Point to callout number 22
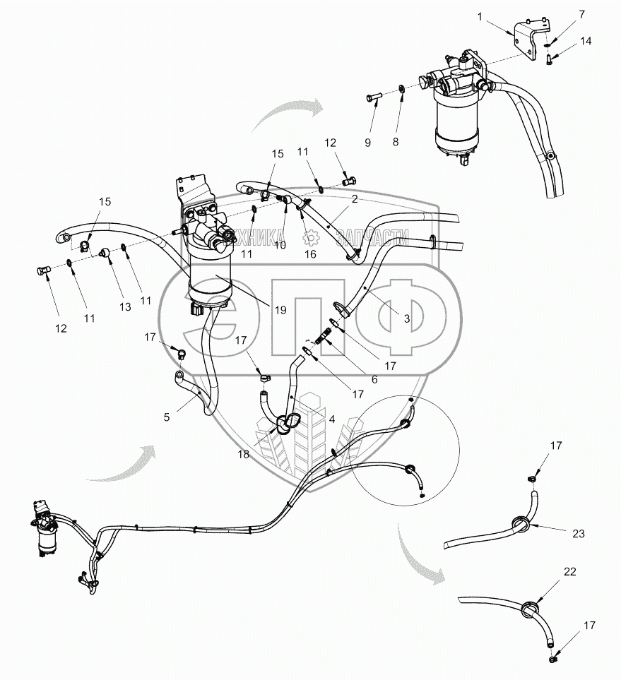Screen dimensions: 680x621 569,571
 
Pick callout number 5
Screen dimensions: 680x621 166,417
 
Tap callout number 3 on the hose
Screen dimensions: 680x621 406,318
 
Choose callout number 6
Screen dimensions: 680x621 374,379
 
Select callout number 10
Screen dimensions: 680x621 280,245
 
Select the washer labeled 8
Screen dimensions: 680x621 403,90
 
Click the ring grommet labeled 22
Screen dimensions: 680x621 533,608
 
